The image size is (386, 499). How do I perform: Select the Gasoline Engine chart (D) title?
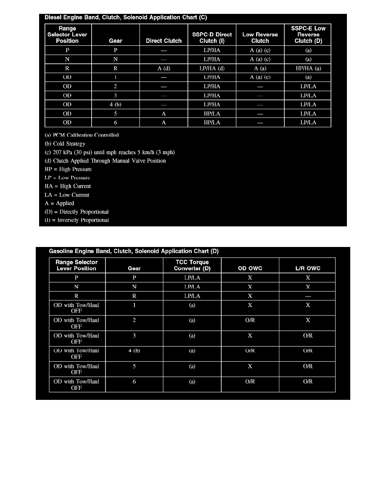coord(134,251)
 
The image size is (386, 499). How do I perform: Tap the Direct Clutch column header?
coord(164,41)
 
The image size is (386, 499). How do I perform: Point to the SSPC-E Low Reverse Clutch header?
coord(308,34)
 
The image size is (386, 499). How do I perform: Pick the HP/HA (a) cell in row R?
coord(308,68)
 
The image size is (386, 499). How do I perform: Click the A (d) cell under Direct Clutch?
coord(164,68)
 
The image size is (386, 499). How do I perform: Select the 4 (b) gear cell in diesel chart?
coord(115,105)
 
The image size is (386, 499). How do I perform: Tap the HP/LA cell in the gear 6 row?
coord(212,123)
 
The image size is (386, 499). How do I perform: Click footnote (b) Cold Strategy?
coord(65,144)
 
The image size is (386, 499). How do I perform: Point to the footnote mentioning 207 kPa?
coord(109,152)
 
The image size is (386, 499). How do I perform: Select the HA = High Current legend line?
coord(67,186)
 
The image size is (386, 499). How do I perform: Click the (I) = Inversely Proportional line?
coord(77,220)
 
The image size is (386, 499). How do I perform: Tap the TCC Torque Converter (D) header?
coord(192,265)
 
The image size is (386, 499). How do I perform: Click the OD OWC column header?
coord(250,268)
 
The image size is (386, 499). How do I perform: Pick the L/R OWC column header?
coord(308,268)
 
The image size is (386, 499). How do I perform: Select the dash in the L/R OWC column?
coord(308,296)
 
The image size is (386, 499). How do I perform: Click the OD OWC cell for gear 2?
coord(250,320)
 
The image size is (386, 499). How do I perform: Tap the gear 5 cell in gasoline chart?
coord(134,366)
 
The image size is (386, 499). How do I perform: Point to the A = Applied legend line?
coord(59,203)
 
